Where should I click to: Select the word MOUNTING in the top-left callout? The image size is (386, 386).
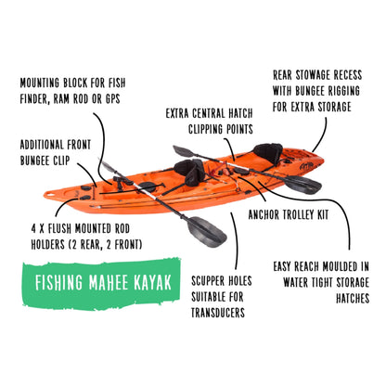[44, 81]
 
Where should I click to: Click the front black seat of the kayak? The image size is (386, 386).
[192, 172]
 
